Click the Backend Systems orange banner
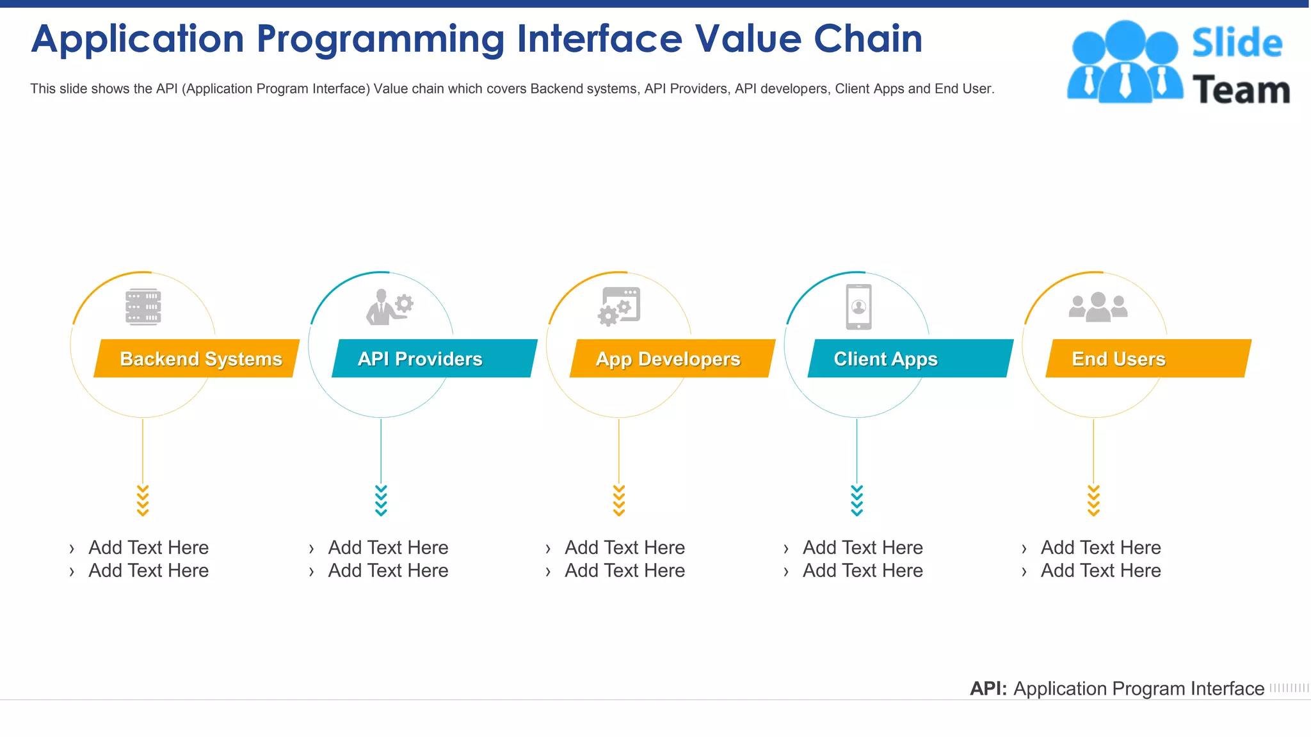tap(197, 358)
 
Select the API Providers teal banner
tap(434, 358)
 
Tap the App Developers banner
tap(672, 358)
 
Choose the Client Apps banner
tap(910, 358)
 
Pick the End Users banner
tap(1148, 358)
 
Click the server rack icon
tap(143, 307)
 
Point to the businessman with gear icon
tap(389, 307)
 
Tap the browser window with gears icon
tap(619, 306)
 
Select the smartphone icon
tap(858, 307)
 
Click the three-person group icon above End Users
tap(1098, 307)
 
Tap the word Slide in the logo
tap(1237, 44)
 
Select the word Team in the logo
tap(1241, 90)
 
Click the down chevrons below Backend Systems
tap(143, 500)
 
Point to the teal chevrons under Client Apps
tap(857, 500)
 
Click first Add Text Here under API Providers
tap(388, 548)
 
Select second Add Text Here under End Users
tap(1100, 571)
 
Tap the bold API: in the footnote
tap(988, 688)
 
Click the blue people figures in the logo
tap(1125, 62)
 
